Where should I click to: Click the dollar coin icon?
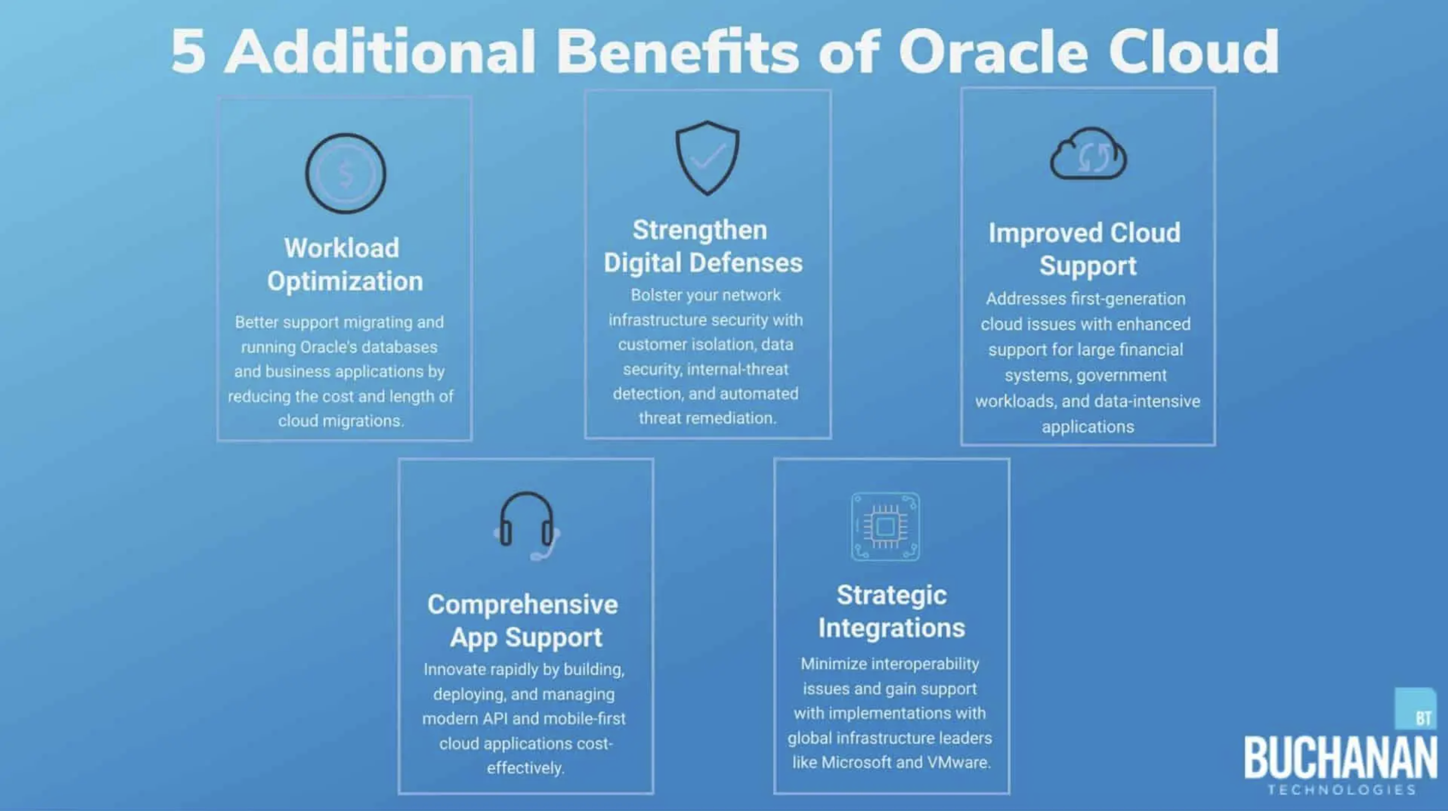tap(345, 173)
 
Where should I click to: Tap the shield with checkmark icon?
tap(707, 158)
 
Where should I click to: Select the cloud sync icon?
tap(1088, 154)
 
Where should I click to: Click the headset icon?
tap(526, 525)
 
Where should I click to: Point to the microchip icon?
tap(885, 526)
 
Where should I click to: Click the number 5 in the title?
tap(188, 52)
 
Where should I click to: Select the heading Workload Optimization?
tap(344, 264)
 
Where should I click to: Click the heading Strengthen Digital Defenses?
tap(703, 246)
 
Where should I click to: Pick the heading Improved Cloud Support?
tap(1085, 249)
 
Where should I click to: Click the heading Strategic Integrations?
tap(891, 611)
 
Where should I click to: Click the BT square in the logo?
tap(1415, 710)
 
